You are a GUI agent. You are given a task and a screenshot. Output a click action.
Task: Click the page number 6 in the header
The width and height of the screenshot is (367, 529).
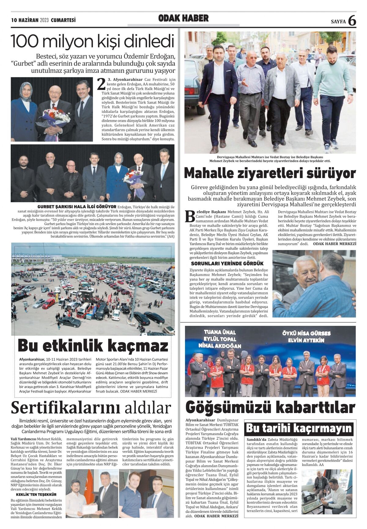(x=352, y=20)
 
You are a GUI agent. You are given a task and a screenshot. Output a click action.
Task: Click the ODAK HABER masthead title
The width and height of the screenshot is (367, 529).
(x=183, y=18)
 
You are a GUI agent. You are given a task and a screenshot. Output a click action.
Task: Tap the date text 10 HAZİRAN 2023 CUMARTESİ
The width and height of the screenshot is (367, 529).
(x=43, y=20)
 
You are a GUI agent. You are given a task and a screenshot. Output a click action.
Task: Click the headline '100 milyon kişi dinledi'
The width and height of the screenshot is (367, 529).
(x=93, y=42)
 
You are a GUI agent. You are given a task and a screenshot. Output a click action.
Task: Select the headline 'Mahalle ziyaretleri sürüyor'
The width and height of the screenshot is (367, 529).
(x=270, y=173)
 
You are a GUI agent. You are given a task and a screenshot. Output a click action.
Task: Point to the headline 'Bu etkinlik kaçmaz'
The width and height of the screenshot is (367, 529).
(x=93, y=346)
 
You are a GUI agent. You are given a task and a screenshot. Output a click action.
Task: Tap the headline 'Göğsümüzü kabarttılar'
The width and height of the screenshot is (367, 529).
(x=270, y=408)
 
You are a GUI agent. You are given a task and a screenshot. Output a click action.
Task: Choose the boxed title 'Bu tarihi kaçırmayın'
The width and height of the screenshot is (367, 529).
(x=299, y=428)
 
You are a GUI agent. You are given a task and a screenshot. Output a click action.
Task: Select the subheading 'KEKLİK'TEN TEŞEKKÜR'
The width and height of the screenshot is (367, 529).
(x=36, y=494)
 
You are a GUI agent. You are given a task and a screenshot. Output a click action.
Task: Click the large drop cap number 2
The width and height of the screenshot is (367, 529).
(x=101, y=85)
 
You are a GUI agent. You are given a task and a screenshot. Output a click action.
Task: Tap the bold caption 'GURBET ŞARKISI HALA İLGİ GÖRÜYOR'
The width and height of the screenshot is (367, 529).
(x=77, y=207)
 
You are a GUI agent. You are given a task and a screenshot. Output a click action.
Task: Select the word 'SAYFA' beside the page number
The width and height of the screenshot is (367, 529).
(x=338, y=22)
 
